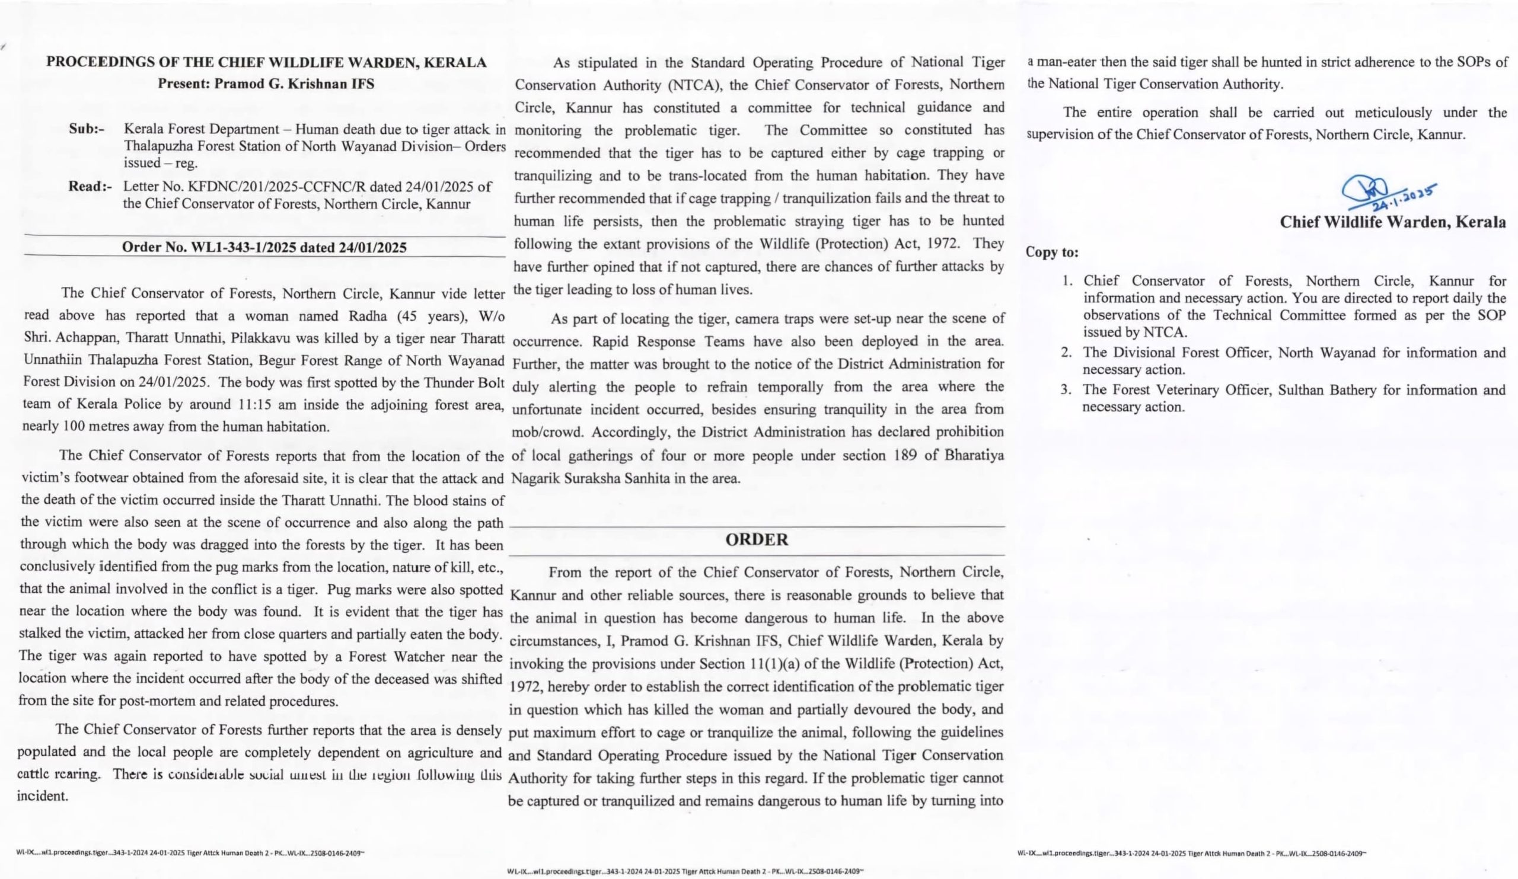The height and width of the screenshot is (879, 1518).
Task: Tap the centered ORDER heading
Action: pos(757,539)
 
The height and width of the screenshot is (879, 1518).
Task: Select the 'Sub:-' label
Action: pos(87,129)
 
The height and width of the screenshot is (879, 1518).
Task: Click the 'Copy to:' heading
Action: pos(1053,252)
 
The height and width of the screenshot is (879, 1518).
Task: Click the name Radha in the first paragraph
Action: pos(367,316)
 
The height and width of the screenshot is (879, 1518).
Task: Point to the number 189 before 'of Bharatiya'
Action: pos(905,455)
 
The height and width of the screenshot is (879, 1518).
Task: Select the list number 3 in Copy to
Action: pos(1066,390)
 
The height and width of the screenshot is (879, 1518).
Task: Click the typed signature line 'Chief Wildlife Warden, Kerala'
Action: pos(1393,222)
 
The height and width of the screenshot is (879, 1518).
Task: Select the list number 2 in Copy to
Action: pos(1066,353)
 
